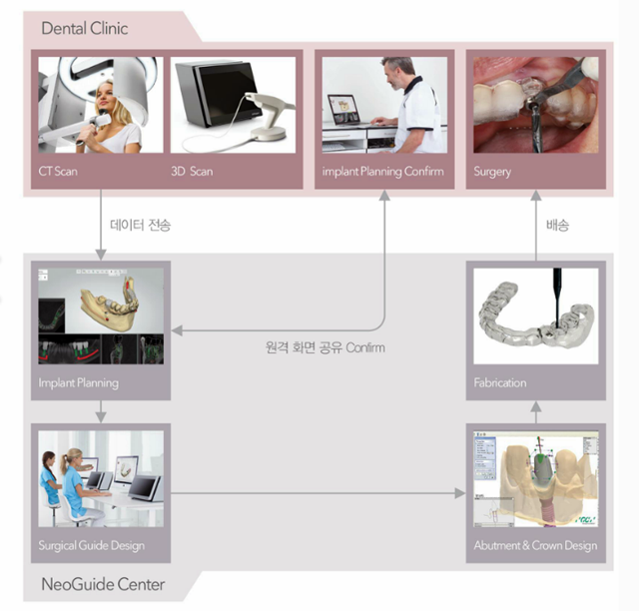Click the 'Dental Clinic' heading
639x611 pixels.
point(85,29)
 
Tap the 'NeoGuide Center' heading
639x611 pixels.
point(103,584)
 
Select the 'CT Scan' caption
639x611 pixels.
point(58,171)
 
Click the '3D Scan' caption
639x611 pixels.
point(192,171)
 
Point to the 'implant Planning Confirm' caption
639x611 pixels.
point(382,172)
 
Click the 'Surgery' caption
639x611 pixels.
point(492,172)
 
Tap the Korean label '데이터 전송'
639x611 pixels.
point(140,225)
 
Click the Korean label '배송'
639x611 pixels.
point(557,225)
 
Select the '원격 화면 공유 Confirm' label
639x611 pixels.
point(325,347)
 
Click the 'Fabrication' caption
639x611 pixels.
point(500,382)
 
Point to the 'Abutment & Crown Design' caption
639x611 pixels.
point(535,545)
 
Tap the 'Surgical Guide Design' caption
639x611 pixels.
point(91,546)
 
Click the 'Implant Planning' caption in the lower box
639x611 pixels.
point(78,383)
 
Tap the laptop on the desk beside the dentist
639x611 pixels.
point(344,110)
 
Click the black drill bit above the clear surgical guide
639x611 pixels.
point(557,298)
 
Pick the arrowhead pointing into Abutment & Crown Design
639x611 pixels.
point(460,493)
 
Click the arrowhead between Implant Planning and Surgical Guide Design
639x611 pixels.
point(101,417)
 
